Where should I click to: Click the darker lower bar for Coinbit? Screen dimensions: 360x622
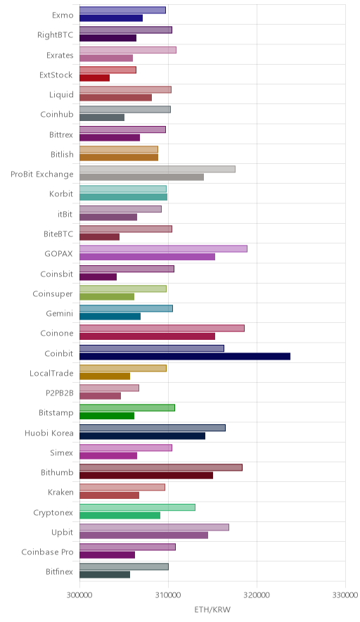(x=185, y=356)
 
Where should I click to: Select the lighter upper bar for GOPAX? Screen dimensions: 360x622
(x=163, y=248)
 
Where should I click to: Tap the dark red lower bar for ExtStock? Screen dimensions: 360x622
(x=94, y=77)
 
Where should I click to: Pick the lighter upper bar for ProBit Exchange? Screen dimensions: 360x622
(x=157, y=169)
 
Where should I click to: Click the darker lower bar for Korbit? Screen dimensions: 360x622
(x=123, y=197)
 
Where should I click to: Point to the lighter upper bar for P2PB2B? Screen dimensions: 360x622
(x=109, y=388)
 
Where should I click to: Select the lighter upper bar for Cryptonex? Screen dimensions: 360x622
(x=137, y=507)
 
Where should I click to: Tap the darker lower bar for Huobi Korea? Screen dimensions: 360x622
(x=142, y=436)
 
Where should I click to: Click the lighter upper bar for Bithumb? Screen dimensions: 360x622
(x=161, y=467)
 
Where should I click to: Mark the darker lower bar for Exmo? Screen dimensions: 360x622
(x=111, y=18)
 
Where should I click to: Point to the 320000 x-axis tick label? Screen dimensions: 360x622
(x=257, y=595)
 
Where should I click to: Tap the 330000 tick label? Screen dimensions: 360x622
(x=345, y=595)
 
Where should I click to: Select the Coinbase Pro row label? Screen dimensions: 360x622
(x=47, y=552)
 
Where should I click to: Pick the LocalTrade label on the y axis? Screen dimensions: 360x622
(x=51, y=374)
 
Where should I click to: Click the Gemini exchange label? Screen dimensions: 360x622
(x=60, y=313)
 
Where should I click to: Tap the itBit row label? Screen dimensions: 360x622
(x=65, y=214)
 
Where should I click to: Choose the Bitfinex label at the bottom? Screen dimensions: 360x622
(x=60, y=571)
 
